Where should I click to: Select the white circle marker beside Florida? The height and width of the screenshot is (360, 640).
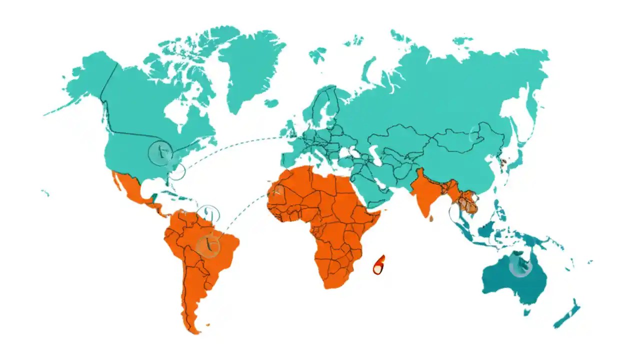point(177,171)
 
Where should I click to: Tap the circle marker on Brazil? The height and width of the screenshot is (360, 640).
point(208,246)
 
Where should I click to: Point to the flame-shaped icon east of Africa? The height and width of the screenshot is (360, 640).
point(379,265)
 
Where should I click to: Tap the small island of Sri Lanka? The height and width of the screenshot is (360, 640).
point(431,218)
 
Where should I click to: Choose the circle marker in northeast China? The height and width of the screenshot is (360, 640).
point(477,133)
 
